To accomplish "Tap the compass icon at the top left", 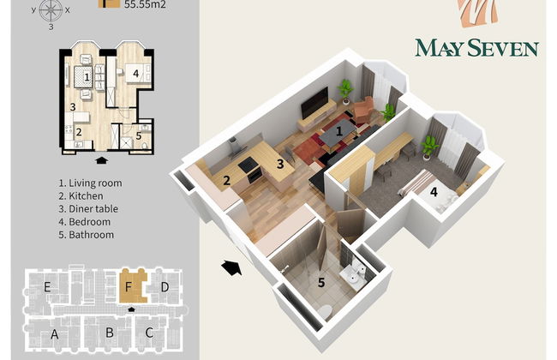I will coord(51,10).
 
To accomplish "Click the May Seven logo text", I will coord(476,46).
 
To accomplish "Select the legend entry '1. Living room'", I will coord(90,183).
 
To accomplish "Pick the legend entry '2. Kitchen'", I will coord(82,196).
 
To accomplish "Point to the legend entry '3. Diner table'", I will coord(89,209).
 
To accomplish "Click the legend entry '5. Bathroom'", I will coord(87,235).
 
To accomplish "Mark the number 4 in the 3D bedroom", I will coord(434,193).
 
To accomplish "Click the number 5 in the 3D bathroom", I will coord(321,281).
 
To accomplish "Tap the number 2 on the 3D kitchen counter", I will coord(226,180).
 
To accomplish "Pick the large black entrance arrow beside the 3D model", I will coord(231,267).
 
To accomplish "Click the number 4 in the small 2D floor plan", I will coord(136,74).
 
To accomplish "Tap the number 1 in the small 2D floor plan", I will coord(87,76).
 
